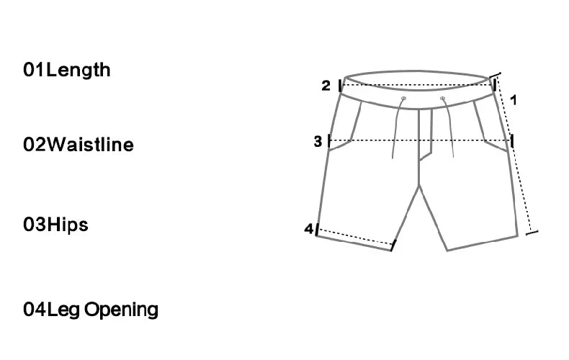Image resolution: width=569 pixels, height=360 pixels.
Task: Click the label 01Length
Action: click(x=67, y=70)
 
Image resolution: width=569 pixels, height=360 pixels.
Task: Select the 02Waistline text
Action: click(x=79, y=145)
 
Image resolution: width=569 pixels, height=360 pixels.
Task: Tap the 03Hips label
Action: click(x=55, y=225)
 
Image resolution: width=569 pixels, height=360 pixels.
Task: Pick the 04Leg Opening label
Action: click(x=91, y=310)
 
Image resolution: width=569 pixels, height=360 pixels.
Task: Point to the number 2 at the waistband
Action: click(x=326, y=86)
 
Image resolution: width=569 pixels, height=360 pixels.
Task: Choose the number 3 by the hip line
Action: click(x=318, y=142)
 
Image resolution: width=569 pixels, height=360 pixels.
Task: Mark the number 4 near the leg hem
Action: click(x=308, y=229)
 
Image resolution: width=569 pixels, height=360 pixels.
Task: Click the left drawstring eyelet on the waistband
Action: click(x=403, y=98)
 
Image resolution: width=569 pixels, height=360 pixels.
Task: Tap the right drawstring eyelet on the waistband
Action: click(x=442, y=98)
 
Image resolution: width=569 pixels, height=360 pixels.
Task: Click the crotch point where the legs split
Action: click(x=420, y=186)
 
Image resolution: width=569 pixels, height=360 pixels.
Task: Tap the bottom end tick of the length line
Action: click(x=532, y=232)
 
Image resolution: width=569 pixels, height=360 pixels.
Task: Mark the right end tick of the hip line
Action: click(x=511, y=141)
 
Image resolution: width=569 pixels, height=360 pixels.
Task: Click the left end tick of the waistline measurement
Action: click(x=341, y=86)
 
